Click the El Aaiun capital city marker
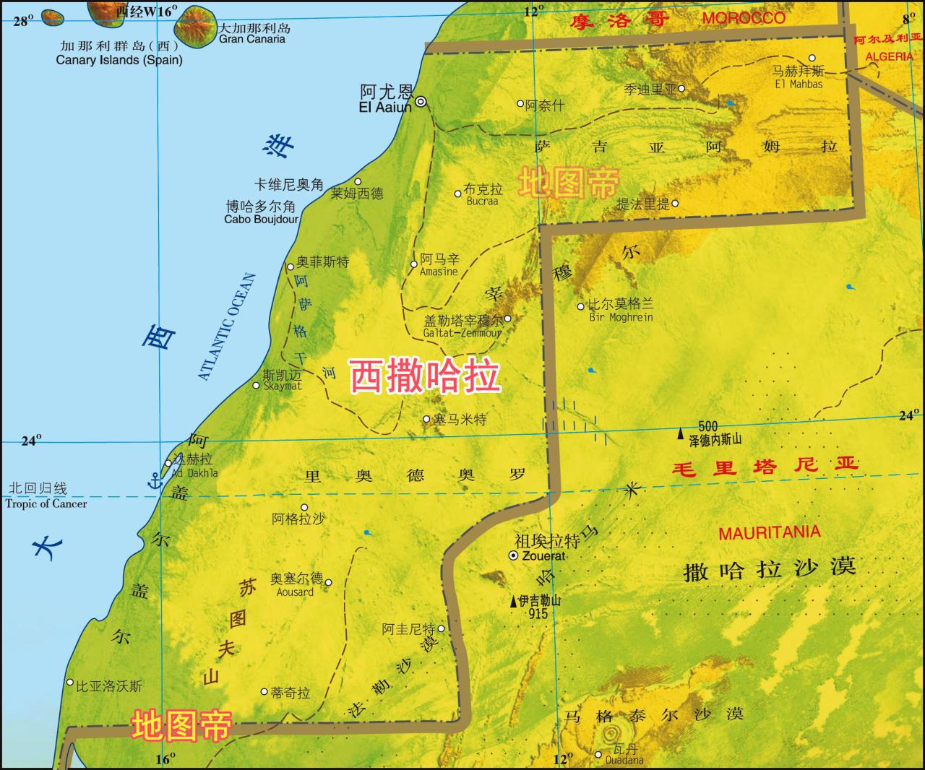pyautogui.click(x=420, y=102)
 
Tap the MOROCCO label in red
pyautogui.click(x=744, y=18)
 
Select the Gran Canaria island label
pyautogui.click(x=252, y=39)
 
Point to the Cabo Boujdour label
pyautogui.click(x=261, y=219)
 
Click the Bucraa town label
pyautogui.click(x=482, y=201)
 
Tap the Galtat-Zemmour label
pyautogui.click(x=462, y=333)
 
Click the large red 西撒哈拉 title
pyautogui.click(x=425, y=376)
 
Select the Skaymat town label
pyautogui.click(x=282, y=386)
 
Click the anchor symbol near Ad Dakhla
pyautogui.click(x=154, y=479)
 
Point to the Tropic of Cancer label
pyautogui.click(x=46, y=503)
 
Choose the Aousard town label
pyautogui.click(x=295, y=592)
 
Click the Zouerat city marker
pyautogui.click(x=513, y=555)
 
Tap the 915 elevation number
pyautogui.click(x=538, y=614)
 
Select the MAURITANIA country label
pyautogui.click(x=769, y=533)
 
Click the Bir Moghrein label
pyautogui.click(x=621, y=316)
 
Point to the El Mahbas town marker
pyautogui.click(x=812, y=59)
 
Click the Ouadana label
pyautogui.click(x=624, y=760)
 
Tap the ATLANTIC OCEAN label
pyautogui.click(x=227, y=326)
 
